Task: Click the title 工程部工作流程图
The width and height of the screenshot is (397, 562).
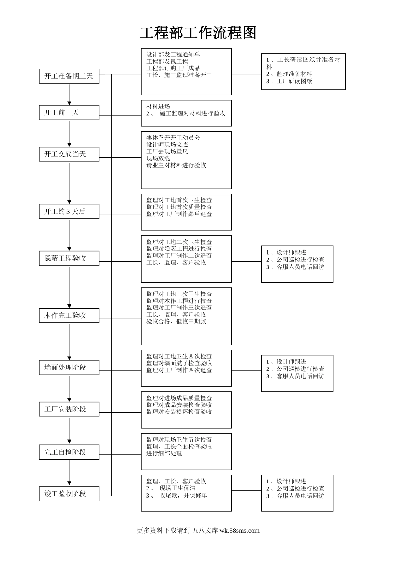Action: (198, 33)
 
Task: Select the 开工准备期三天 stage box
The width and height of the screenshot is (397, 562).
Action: (69, 76)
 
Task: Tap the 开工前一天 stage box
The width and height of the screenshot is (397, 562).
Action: (69, 112)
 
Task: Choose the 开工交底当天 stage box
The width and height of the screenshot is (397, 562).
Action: (69, 154)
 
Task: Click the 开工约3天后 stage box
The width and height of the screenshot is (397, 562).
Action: (69, 212)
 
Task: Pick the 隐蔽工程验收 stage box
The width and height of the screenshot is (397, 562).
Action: (69, 258)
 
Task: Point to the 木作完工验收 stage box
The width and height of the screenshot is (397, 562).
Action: (69, 315)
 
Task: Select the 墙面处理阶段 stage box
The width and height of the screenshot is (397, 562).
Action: (69, 368)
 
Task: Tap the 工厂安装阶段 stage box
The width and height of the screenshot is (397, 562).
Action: (69, 409)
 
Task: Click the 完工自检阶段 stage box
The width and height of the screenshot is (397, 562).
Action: (69, 452)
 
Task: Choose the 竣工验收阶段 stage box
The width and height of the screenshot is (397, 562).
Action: (69, 494)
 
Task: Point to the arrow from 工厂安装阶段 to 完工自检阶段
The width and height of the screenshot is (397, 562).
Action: (69, 431)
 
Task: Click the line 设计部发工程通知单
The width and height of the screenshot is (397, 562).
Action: (173, 54)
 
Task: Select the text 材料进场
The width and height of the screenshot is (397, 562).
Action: (158, 107)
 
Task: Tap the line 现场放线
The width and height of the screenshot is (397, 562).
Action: (158, 158)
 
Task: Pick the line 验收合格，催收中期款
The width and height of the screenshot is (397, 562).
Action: (176, 321)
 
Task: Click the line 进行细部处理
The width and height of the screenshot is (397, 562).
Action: (164, 453)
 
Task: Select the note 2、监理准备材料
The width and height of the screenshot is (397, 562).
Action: (289, 74)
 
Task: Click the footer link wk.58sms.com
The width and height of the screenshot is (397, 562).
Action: (239, 531)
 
